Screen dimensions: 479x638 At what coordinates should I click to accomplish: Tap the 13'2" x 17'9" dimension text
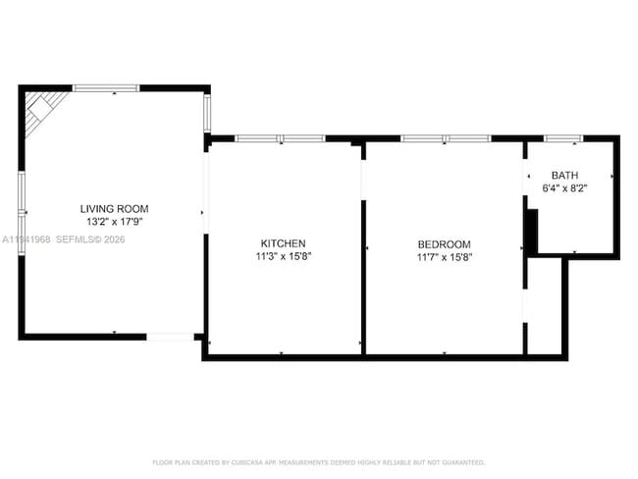click(x=114, y=222)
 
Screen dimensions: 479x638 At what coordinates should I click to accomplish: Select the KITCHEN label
click(x=283, y=243)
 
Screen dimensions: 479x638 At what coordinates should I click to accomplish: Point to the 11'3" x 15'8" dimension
click(x=283, y=257)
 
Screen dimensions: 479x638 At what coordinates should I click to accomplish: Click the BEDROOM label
click(x=444, y=244)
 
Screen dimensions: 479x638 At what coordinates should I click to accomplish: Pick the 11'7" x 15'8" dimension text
click(x=444, y=258)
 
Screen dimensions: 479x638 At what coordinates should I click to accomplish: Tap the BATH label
click(x=564, y=176)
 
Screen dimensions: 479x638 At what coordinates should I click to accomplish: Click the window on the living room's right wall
click(x=207, y=112)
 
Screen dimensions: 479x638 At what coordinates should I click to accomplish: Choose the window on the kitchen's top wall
click(x=273, y=138)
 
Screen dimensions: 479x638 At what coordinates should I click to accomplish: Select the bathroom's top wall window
click(x=562, y=138)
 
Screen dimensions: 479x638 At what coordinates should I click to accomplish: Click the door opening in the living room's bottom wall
click(x=170, y=337)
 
